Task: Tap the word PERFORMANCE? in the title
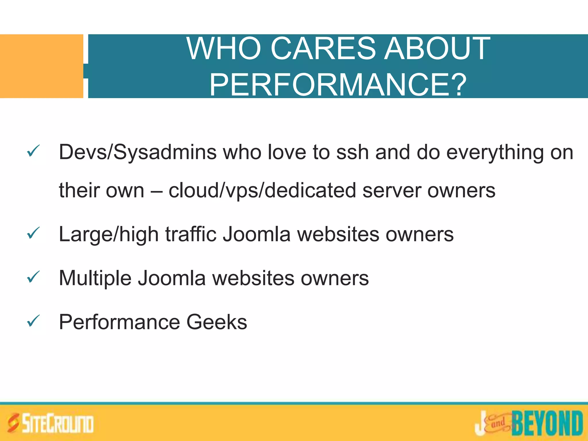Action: tap(338, 85)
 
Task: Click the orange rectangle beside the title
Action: tap(41, 66)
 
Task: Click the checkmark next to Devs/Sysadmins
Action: tap(33, 151)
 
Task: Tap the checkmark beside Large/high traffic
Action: tap(33, 233)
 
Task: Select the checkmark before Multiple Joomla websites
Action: tap(33, 277)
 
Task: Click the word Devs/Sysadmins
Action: tap(138, 152)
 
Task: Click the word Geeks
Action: tap(216, 322)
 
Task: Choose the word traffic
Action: tap(191, 234)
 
